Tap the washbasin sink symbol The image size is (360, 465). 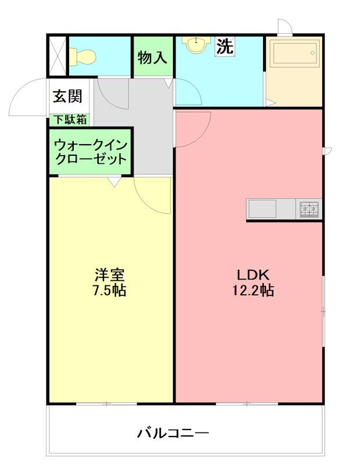pos(196,45)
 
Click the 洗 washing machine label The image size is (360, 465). pos(225,46)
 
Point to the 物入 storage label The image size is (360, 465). pos(152,57)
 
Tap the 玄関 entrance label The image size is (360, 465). pos(67,96)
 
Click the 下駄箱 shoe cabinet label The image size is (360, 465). pos(70,120)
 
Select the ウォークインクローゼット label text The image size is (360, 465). pos(91,152)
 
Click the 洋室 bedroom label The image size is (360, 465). pos(110,274)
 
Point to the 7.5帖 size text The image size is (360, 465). pos(110,290)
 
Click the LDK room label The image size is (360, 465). pos(253,275)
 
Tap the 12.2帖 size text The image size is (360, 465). pos(253,290)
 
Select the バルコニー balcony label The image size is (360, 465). pos(173,433)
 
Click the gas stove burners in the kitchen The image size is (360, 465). pos(309,209)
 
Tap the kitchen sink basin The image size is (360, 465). pos(262,209)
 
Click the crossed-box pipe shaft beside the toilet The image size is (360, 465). pos(57,56)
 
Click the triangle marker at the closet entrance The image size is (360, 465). pos(114,181)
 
